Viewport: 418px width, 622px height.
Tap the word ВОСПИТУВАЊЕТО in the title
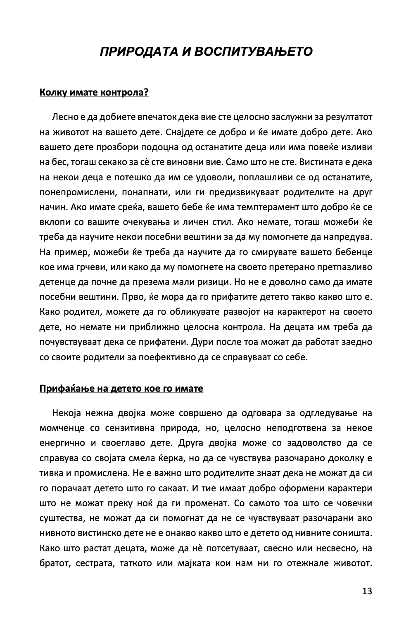(x=253, y=52)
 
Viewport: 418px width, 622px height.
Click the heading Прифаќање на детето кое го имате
(x=121, y=389)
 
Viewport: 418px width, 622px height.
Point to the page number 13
(x=367, y=591)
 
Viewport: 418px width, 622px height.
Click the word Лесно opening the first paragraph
(x=64, y=117)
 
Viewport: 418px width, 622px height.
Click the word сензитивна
(x=131, y=428)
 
